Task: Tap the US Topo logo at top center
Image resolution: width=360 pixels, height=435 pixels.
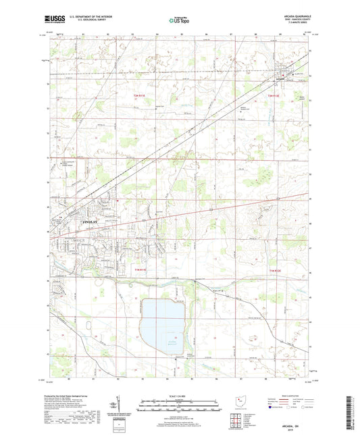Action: (x=178, y=20)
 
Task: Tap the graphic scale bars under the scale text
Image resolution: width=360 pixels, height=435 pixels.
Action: (x=179, y=407)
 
